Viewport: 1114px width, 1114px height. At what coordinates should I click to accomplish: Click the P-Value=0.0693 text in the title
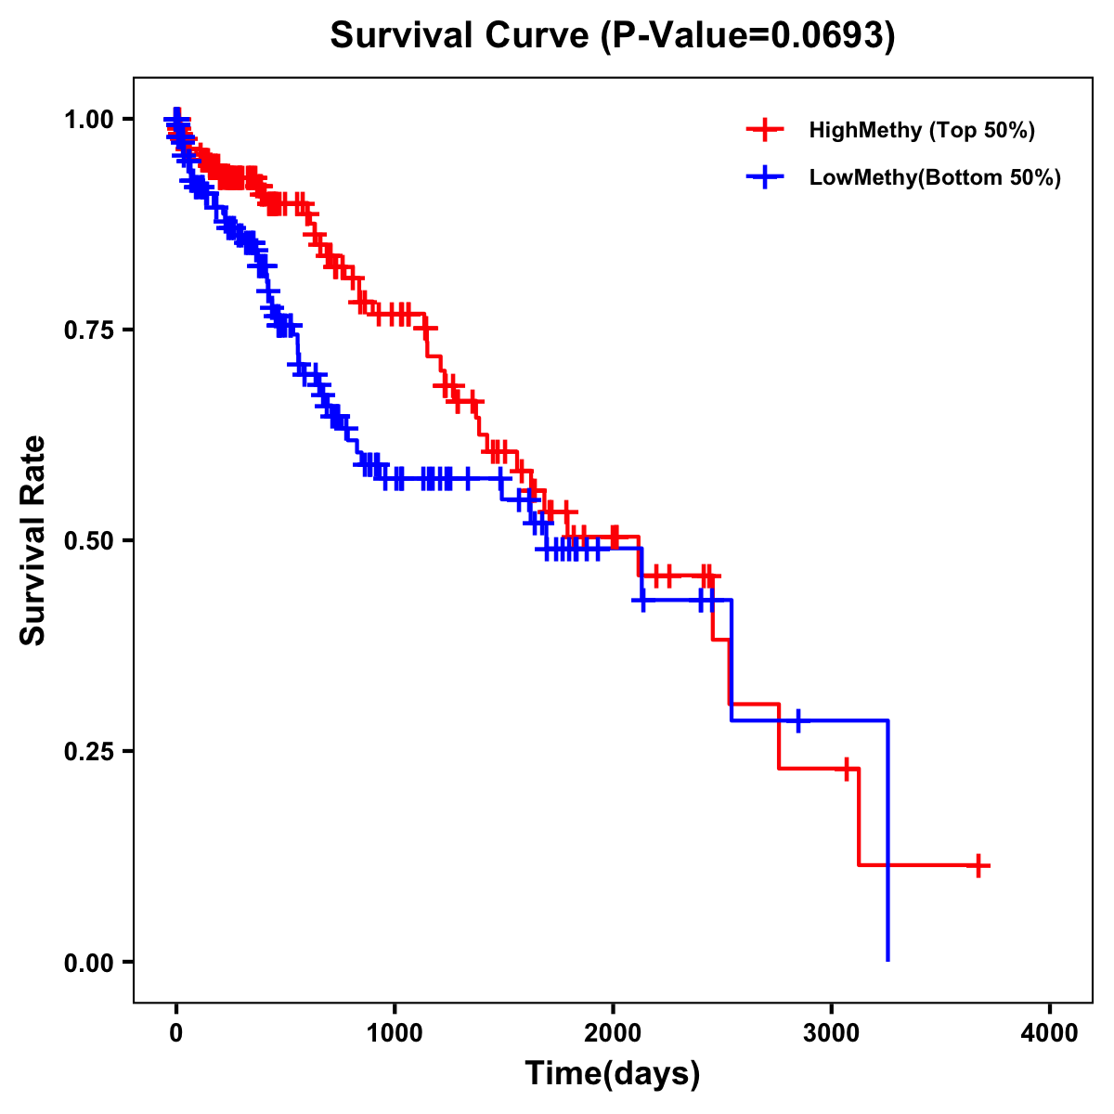point(747,35)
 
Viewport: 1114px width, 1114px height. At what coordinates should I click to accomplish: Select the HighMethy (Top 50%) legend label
point(921,130)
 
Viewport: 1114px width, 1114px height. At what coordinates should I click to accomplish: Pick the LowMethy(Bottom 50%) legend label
point(934,177)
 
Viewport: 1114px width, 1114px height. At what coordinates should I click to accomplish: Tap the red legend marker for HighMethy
point(765,130)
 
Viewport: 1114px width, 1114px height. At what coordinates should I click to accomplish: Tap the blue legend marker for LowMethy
point(765,177)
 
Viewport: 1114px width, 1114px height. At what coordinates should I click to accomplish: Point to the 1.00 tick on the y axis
point(88,119)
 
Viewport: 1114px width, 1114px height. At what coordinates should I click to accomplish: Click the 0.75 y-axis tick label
point(88,330)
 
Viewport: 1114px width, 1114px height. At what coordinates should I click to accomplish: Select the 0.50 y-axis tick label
point(88,540)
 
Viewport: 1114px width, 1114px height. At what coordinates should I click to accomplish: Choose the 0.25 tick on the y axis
point(88,751)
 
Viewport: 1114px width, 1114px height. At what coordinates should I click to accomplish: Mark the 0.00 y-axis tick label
point(88,962)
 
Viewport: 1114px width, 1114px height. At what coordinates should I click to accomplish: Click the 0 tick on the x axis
point(176,1033)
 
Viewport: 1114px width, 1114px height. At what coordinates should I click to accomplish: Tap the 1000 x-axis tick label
point(395,1033)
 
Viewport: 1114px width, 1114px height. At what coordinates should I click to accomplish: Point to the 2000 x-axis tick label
point(613,1033)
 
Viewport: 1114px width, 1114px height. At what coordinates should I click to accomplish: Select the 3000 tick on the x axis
point(832,1033)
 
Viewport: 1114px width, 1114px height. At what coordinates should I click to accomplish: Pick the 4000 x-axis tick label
point(1050,1033)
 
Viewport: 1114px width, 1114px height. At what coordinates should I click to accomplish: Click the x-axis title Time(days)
point(613,1074)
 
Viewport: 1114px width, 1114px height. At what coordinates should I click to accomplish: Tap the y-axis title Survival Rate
point(33,540)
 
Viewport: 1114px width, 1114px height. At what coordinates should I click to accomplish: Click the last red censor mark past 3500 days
point(978,865)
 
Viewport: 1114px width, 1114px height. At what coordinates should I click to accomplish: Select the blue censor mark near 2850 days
point(797,720)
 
